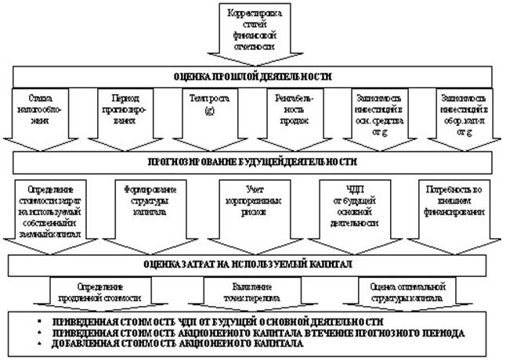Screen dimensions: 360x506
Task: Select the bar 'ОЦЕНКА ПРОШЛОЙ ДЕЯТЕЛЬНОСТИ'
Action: [251, 77]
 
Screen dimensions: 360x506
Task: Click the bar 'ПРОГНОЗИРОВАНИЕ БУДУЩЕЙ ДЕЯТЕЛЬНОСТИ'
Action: [251, 162]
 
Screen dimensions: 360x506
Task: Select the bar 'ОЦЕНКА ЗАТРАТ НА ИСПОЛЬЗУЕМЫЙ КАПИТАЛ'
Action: [251, 265]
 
